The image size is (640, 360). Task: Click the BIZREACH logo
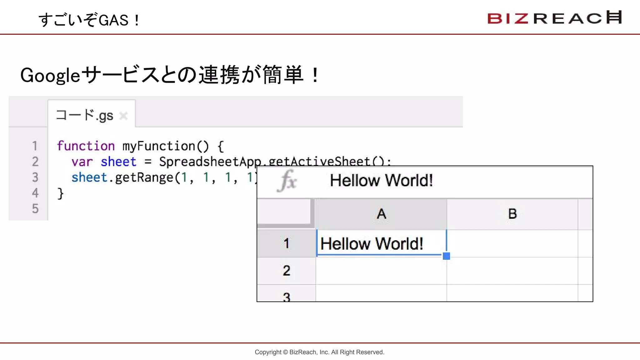[x=554, y=18]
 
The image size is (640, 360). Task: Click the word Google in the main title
[x=50, y=76]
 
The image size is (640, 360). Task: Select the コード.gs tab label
[x=84, y=115]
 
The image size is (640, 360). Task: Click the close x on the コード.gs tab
[x=123, y=116]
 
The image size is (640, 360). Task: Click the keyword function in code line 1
[x=86, y=146]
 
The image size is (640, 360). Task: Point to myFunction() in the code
[x=165, y=146]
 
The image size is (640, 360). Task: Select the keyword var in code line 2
[x=82, y=162]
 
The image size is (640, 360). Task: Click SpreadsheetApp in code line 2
[x=210, y=162]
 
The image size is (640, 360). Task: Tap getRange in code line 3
[x=144, y=177]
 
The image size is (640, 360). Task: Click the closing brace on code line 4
[x=60, y=193]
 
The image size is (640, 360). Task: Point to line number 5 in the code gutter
[x=35, y=208]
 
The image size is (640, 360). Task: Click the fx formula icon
[x=287, y=181]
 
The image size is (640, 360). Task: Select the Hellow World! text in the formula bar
[x=381, y=181]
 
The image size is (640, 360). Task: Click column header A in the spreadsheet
[x=381, y=214]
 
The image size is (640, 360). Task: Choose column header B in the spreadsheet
[x=512, y=214]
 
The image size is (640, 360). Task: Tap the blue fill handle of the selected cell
[x=447, y=256]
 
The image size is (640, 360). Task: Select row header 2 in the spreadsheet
[x=286, y=271]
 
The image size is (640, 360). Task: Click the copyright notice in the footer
[x=319, y=352]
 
